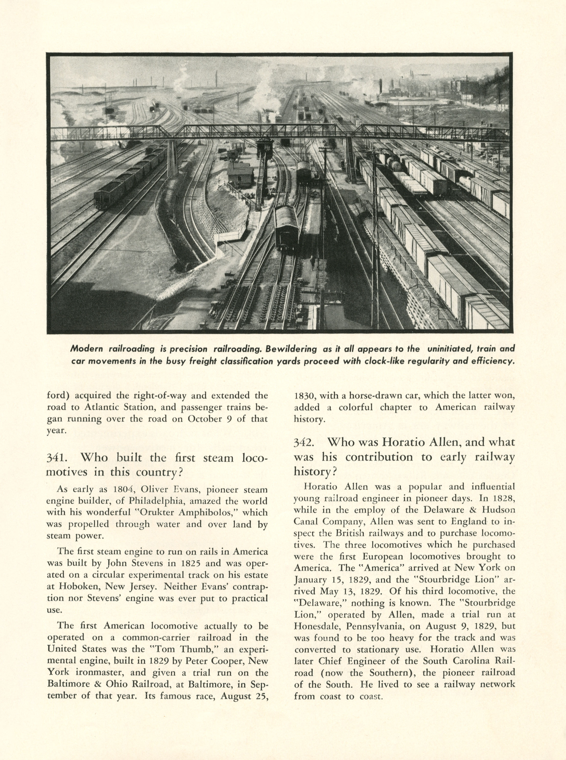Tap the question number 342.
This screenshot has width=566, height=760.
(304, 442)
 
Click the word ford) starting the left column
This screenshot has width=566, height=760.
(58, 395)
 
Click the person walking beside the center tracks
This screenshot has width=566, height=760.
(312, 262)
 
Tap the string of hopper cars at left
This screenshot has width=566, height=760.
(130, 178)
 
